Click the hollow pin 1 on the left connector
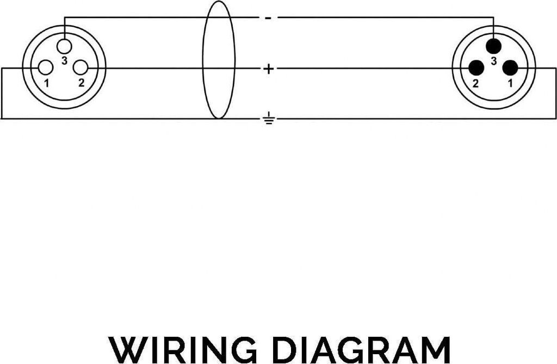46,67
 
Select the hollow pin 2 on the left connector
81,67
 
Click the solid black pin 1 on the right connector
510,67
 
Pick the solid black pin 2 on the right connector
476,67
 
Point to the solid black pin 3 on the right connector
493,45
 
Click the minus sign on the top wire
268,18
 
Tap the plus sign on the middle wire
268,69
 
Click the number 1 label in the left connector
47,83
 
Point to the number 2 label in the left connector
81,83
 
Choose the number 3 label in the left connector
64,61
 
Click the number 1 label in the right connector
510,83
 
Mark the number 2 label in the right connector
475,83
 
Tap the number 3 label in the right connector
493,61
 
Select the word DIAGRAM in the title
361,349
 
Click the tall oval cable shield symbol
219,60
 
